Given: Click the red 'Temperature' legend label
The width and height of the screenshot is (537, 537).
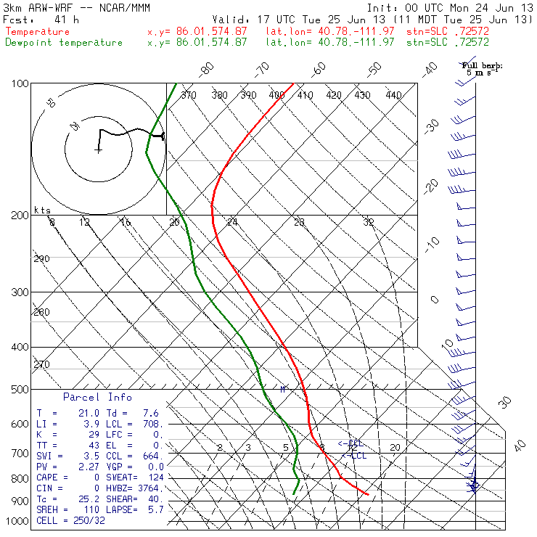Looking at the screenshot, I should click(38, 32).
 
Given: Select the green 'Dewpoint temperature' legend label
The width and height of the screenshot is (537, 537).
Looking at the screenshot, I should click(64, 43).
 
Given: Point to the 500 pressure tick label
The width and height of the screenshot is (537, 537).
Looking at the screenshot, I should click(20, 390).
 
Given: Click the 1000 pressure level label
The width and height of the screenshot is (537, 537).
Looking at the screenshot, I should click(17, 522).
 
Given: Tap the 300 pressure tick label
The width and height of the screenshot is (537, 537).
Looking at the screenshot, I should click(20, 292).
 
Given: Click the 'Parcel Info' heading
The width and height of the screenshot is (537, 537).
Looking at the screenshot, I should click(97, 397).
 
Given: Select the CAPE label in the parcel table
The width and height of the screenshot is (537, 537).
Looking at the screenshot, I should click(49, 477).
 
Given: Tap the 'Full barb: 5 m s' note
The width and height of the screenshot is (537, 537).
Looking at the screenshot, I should click(483, 69).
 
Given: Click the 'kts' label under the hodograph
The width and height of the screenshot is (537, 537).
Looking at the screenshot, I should click(43, 210).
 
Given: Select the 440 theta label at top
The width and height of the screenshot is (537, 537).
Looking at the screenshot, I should click(393, 95).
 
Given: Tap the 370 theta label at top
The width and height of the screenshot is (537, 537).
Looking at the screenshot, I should click(188, 95).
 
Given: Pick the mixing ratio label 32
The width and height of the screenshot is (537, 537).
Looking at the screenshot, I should click(368, 222).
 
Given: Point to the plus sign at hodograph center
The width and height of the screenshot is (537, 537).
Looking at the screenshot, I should click(97, 150).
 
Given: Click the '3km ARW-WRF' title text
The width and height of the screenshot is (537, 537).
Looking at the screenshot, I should click(36, 7).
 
